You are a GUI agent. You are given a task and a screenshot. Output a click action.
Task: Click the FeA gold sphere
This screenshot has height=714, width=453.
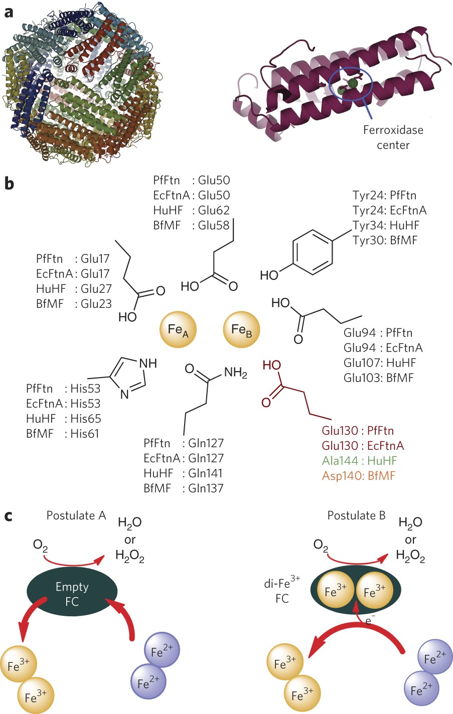(x=178, y=329)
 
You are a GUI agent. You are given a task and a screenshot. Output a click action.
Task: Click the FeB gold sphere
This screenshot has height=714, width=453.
(x=241, y=329)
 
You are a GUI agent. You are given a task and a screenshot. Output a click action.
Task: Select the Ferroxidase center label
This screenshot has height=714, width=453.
(x=393, y=137)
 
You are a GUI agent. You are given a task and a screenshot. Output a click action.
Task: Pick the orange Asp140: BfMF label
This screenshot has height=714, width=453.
(x=358, y=475)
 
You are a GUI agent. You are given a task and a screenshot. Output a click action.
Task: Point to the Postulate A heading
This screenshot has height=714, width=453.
(x=76, y=515)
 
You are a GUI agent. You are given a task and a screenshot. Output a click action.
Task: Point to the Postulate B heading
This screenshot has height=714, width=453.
(x=356, y=515)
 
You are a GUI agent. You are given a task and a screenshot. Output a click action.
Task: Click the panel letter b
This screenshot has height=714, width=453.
(x=9, y=184)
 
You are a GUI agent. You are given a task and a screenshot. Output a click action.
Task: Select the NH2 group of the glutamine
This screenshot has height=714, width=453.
(x=235, y=373)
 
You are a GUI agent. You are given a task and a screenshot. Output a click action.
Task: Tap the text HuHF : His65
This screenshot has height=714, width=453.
(x=63, y=419)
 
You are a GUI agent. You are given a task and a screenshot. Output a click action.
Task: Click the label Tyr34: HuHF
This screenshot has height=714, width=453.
(x=385, y=225)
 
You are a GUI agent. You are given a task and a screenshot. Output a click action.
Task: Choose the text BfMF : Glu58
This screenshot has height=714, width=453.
(x=192, y=225)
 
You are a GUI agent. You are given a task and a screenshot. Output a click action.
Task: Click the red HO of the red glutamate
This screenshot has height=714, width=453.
(x=271, y=365)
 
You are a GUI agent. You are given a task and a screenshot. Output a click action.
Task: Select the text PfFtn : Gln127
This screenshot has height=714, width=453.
(x=183, y=443)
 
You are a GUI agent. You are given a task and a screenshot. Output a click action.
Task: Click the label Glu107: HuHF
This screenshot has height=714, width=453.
(x=380, y=363)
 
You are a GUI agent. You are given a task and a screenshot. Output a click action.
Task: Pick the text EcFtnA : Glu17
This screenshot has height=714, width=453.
(x=73, y=274)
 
